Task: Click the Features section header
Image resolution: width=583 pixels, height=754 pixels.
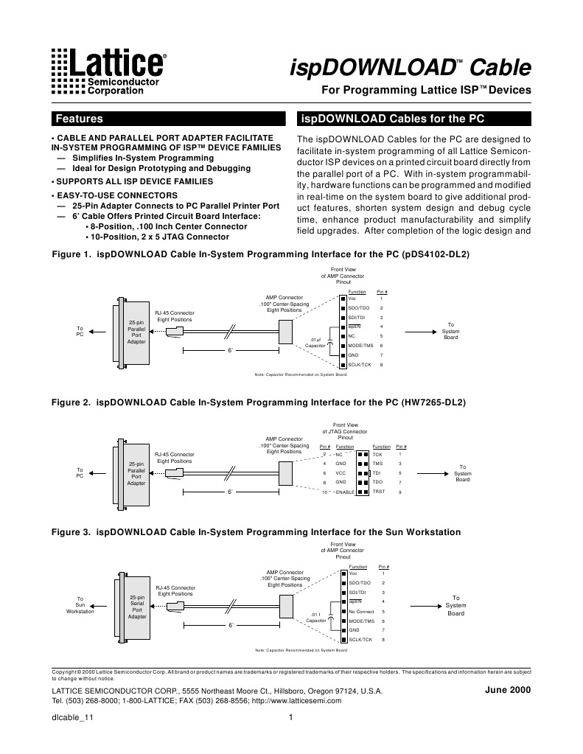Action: click(x=80, y=119)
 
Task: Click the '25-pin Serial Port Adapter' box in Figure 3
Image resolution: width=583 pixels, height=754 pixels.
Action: click(x=137, y=607)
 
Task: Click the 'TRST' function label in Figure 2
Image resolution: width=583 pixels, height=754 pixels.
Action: click(x=379, y=491)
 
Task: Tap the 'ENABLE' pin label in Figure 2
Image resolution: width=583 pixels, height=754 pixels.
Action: click(x=344, y=492)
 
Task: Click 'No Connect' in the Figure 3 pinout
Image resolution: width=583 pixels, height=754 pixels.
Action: click(x=362, y=612)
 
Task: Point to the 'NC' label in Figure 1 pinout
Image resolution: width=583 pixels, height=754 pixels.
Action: click(x=352, y=336)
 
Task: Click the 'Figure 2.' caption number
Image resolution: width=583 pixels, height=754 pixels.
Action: click(x=70, y=403)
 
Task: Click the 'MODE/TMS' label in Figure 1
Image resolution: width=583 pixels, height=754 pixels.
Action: click(x=361, y=346)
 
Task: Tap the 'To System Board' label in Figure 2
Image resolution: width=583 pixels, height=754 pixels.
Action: click(x=462, y=473)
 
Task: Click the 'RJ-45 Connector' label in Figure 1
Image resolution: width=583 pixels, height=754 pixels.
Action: click(x=175, y=313)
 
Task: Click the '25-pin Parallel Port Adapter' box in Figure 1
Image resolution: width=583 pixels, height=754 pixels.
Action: click(x=136, y=332)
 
